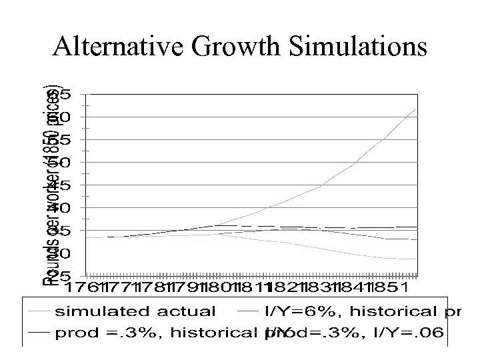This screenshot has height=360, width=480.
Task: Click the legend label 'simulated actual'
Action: coord(135,311)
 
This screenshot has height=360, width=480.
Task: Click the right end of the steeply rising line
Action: coord(416,109)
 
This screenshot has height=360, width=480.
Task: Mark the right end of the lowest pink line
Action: coord(416,259)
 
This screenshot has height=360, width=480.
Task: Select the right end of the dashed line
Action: coord(416,227)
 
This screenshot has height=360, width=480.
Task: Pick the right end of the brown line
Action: coord(416,239)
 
